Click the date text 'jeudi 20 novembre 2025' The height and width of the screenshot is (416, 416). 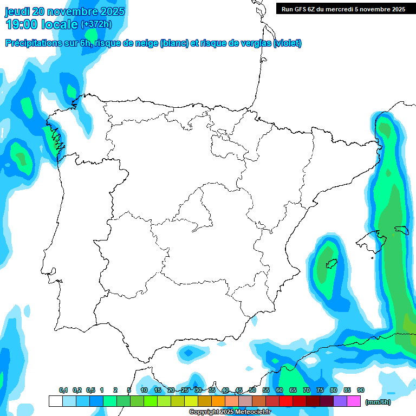tap(65, 11)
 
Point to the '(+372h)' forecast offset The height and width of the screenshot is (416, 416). tap(96, 24)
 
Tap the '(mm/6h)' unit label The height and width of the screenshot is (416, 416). tap(378, 401)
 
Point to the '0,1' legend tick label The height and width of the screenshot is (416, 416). tap(63, 390)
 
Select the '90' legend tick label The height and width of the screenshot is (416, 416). tap(361, 390)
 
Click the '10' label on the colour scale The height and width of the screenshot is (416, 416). tap(144, 390)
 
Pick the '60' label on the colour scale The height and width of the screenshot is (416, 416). tap(279, 390)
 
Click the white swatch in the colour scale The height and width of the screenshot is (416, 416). tap(55, 401)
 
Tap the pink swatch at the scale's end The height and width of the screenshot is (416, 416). tap(354, 401)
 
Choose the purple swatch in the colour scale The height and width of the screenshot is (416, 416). tap(340, 401)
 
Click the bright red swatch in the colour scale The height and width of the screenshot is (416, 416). tap(286, 401)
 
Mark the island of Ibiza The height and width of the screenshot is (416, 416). tap(331, 264)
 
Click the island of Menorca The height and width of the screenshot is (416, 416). tap(401, 229)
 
